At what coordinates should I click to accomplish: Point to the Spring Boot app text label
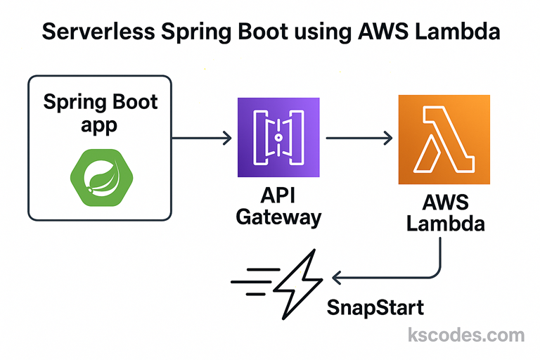click(100, 115)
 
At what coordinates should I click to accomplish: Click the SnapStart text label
click(375, 307)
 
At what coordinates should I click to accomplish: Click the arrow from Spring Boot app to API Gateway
click(201, 139)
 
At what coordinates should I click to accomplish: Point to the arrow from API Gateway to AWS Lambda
click(359, 139)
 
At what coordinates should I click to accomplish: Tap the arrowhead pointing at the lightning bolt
click(336, 279)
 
